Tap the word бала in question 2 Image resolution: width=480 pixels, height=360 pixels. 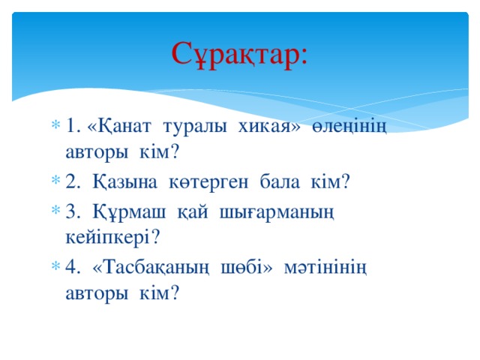(x=281, y=182)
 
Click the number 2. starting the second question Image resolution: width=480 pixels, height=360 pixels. (x=73, y=182)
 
